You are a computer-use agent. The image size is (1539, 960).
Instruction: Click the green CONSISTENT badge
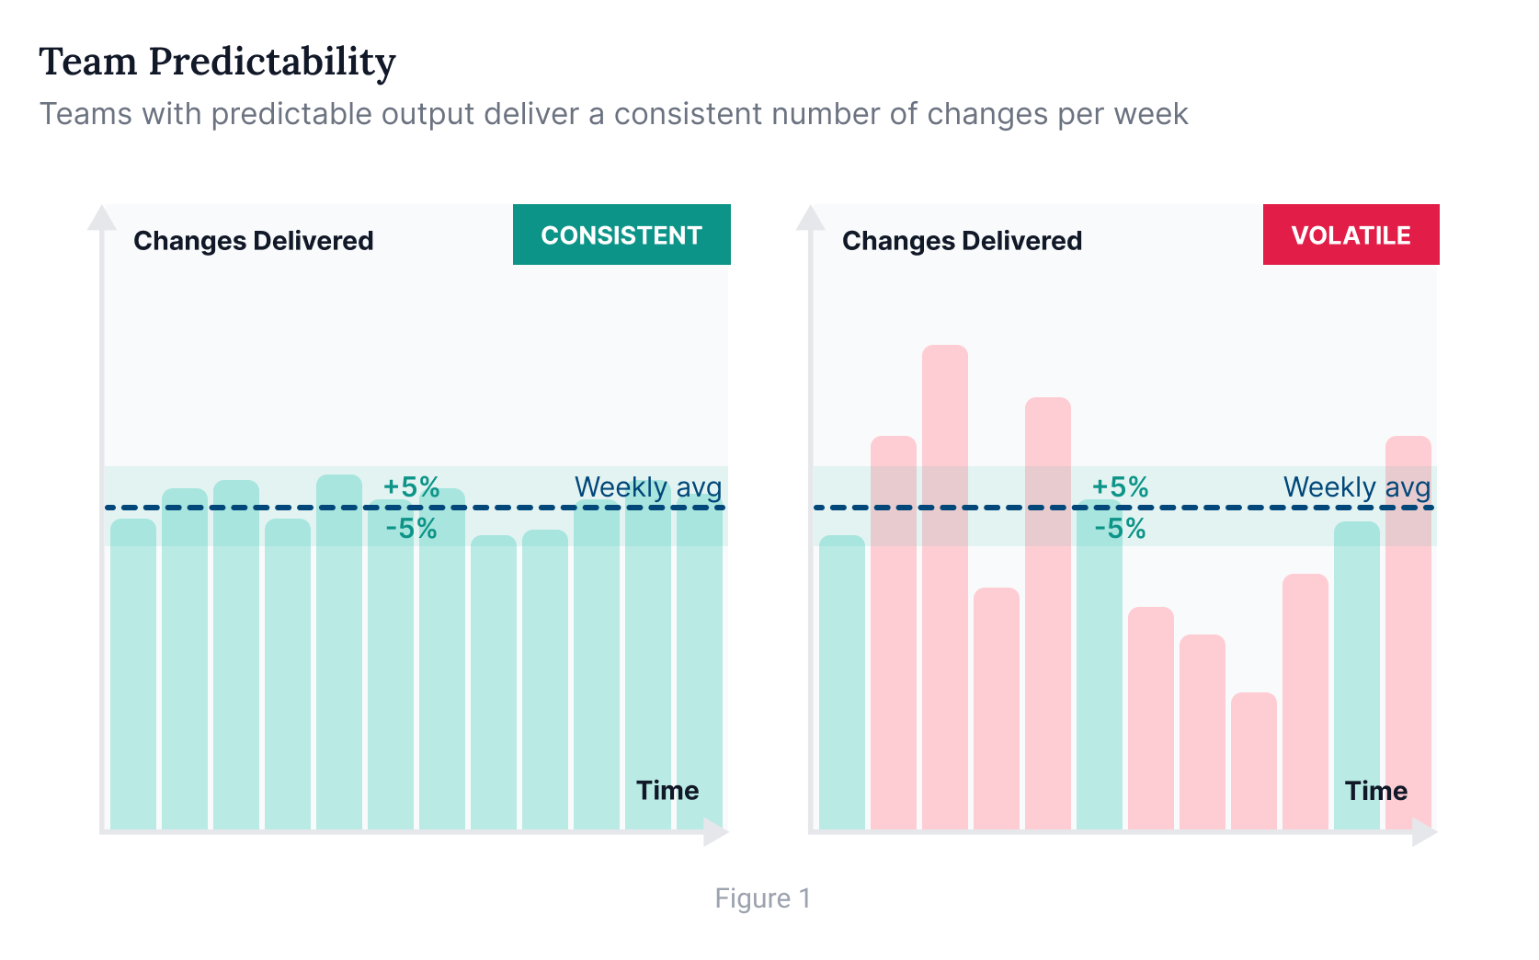point(621,235)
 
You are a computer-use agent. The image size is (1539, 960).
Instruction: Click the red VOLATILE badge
point(1351,235)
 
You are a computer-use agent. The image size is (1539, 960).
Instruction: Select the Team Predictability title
point(217,62)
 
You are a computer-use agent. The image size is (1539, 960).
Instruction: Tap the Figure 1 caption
point(762,898)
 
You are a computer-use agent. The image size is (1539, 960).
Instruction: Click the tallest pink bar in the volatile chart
point(945,589)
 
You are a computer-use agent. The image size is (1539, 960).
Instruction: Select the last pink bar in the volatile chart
point(1408,634)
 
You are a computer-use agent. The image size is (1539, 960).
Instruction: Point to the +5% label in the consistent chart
point(411,486)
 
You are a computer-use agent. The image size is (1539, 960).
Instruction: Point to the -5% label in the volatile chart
point(1120,529)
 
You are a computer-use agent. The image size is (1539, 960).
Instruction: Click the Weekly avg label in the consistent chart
point(648,487)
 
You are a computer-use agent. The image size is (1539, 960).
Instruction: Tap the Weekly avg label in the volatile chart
point(1357,487)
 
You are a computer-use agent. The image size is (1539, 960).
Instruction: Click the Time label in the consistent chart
point(667,791)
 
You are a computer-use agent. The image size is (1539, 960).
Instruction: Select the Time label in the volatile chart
point(1376,791)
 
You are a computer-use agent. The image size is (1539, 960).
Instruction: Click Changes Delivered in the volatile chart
point(962,241)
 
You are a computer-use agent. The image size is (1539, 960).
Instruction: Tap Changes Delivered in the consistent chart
point(253,241)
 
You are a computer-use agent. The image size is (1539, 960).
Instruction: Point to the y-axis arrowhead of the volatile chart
point(811,217)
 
